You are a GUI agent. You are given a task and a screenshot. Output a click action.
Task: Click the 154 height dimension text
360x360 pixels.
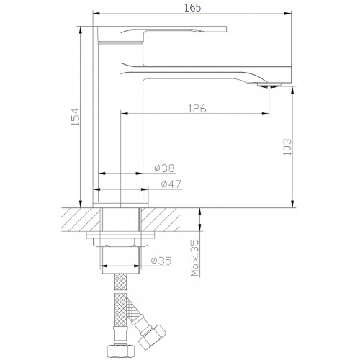click(x=75, y=117)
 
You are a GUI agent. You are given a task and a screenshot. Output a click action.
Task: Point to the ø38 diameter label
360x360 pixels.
click(x=164, y=168)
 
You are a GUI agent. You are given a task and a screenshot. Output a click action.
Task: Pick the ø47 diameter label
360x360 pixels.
click(x=171, y=184)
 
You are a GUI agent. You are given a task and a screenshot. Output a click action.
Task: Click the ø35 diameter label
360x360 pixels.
click(x=161, y=261)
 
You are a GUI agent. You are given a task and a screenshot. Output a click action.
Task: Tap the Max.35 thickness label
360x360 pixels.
click(x=195, y=258)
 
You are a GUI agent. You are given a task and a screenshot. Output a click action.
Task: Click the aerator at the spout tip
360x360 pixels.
click(x=269, y=85)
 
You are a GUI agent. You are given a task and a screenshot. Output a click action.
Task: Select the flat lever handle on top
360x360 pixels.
click(x=162, y=33)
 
